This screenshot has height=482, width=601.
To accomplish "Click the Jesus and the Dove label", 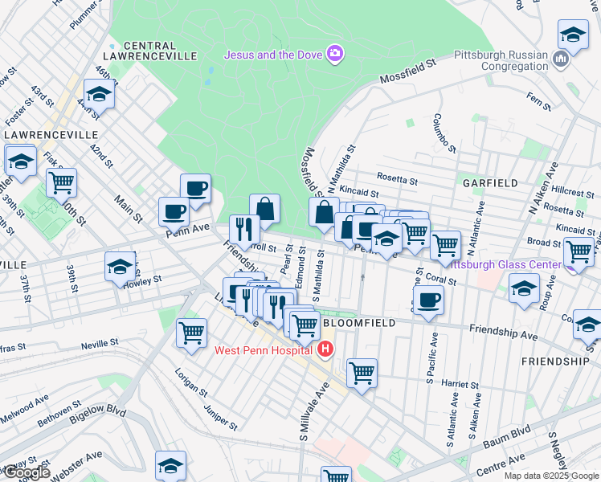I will [272, 55].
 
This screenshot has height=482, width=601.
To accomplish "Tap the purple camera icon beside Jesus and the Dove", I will [334, 55].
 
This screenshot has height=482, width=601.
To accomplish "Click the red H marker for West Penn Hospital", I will [325, 349].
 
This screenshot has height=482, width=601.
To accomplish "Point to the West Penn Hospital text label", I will [263, 350].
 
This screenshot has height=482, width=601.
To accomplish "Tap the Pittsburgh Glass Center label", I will [504, 264].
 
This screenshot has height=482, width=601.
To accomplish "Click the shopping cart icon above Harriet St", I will [362, 373].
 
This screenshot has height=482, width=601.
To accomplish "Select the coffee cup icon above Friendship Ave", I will [428, 300].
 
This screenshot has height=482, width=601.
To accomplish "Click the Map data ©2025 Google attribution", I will [551, 476].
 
